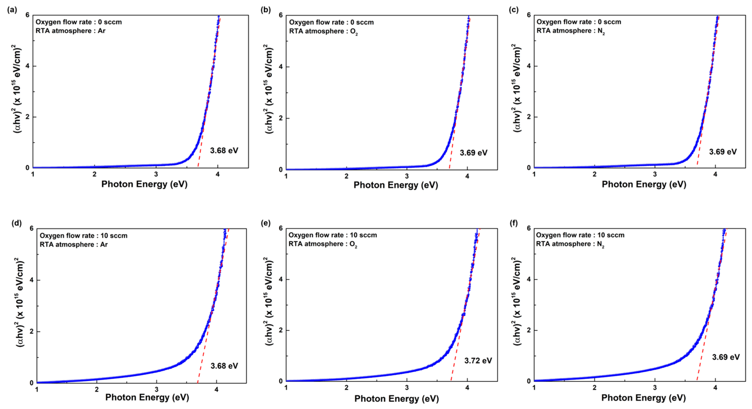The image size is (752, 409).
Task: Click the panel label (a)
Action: (12, 10)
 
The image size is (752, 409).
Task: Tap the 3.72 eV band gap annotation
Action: (478, 361)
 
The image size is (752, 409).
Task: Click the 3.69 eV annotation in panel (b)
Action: (474, 153)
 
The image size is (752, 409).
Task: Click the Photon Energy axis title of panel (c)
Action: (644, 184)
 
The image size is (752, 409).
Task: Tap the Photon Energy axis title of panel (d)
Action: (147, 397)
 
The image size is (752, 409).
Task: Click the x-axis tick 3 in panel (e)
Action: (407, 388)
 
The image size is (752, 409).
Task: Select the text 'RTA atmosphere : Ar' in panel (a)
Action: (70, 31)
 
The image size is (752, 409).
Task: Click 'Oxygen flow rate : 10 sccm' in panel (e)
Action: (332, 235)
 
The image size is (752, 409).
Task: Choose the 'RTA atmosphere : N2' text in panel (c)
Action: (570, 31)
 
